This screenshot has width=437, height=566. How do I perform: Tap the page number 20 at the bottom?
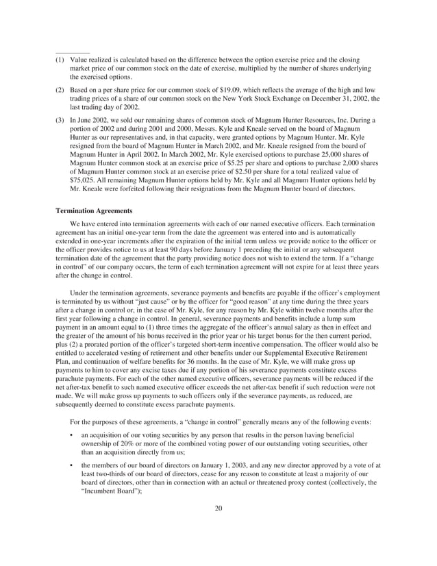(x=218, y=508)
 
